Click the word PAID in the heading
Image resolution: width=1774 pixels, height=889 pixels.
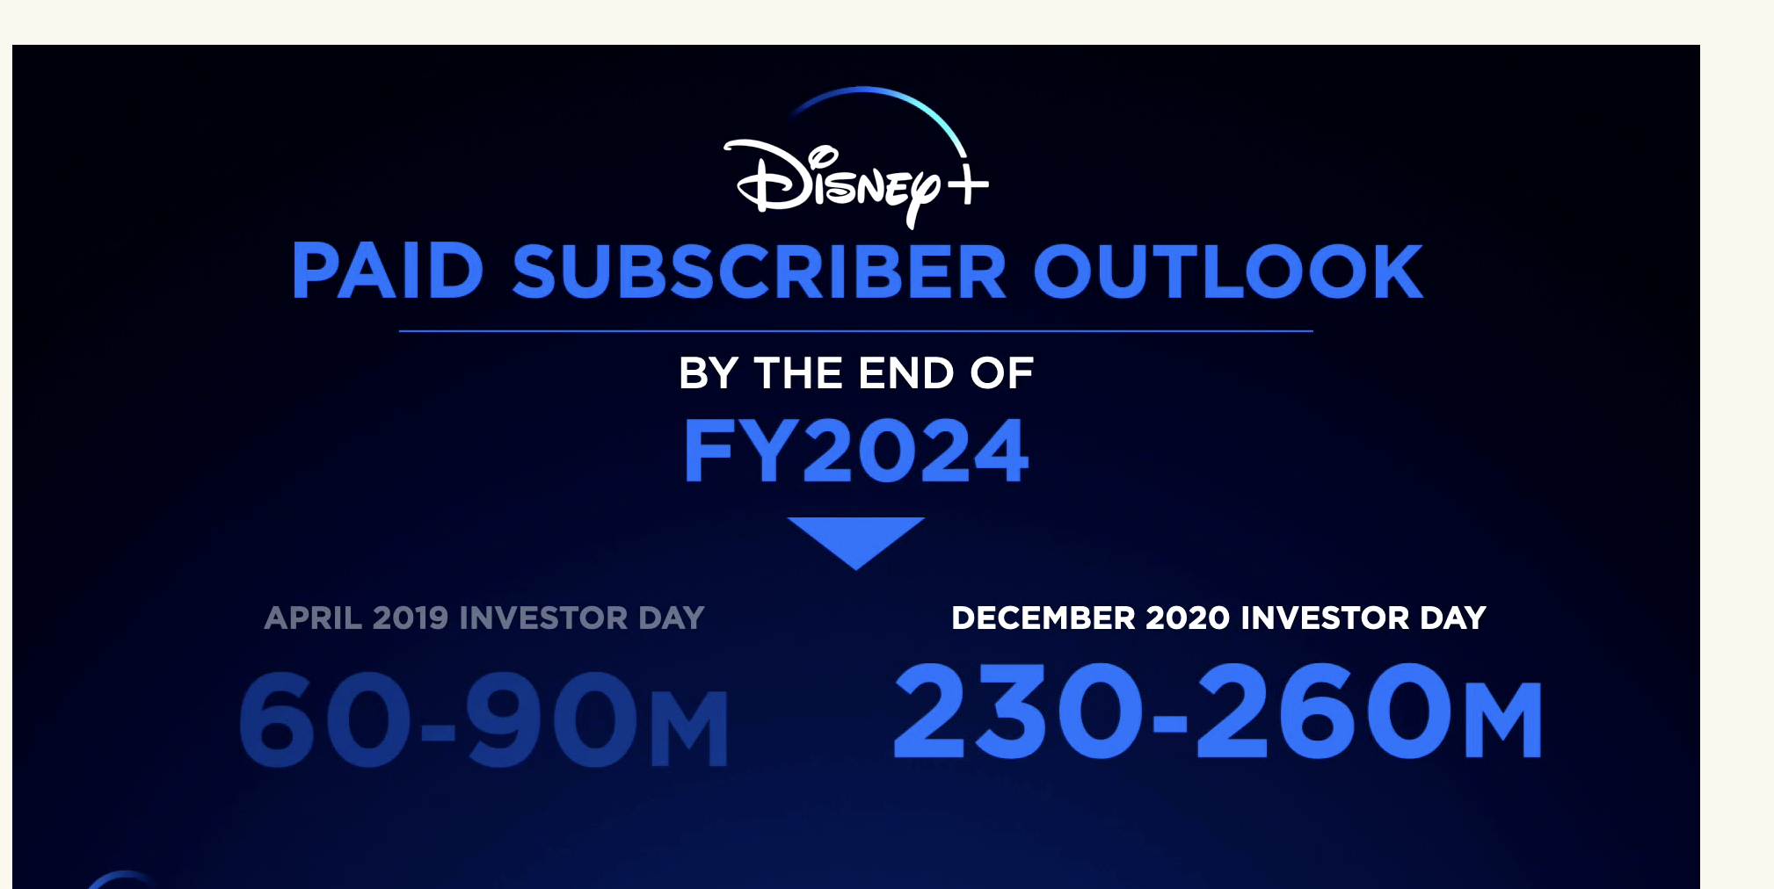388,271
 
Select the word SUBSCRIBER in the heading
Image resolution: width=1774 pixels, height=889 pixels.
759,271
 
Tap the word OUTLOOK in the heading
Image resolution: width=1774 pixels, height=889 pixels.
1227,271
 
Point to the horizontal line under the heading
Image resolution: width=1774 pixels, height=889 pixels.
856,331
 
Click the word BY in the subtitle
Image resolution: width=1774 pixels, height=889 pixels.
708,373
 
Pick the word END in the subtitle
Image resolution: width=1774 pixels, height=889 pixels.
906,373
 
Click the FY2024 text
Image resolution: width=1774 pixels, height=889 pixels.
856,451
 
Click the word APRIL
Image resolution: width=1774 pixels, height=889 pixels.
313,618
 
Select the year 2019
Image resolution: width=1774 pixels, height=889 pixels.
411,618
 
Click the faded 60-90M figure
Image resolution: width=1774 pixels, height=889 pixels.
483,719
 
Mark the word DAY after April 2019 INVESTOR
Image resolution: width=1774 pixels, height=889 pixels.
672,618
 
